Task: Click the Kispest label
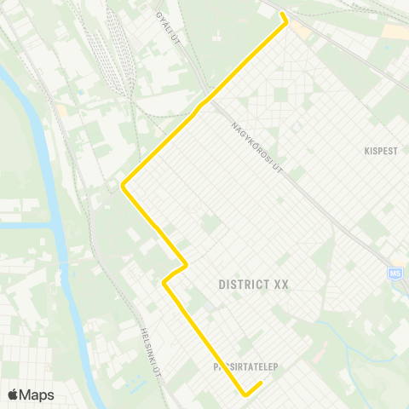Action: click(381, 150)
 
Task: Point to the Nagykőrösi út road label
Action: click(256, 146)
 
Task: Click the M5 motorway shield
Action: click(395, 273)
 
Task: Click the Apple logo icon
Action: click(14, 395)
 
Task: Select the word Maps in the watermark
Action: click(37, 395)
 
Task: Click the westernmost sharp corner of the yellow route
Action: click(124, 184)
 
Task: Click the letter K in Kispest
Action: click(365, 150)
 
